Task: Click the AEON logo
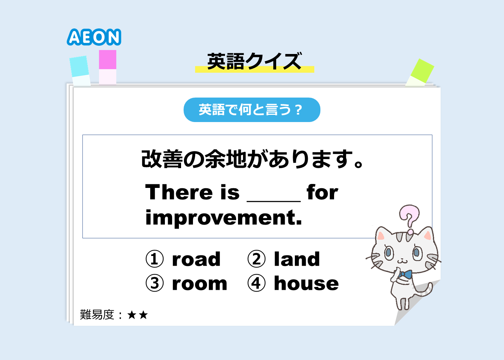point(94,37)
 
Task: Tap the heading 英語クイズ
point(255,61)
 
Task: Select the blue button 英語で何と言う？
point(252,110)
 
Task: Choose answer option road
point(196,259)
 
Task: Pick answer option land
point(297,259)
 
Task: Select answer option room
point(199,284)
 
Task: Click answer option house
point(306,283)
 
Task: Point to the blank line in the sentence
point(274,201)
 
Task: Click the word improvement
point(224,217)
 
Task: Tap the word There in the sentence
point(179,192)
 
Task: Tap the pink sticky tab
point(108,67)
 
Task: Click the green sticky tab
point(420,73)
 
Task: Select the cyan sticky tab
point(80,71)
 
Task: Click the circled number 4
point(256,283)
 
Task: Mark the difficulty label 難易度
point(97,315)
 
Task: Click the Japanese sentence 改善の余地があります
point(252,159)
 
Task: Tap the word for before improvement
point(322,192)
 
